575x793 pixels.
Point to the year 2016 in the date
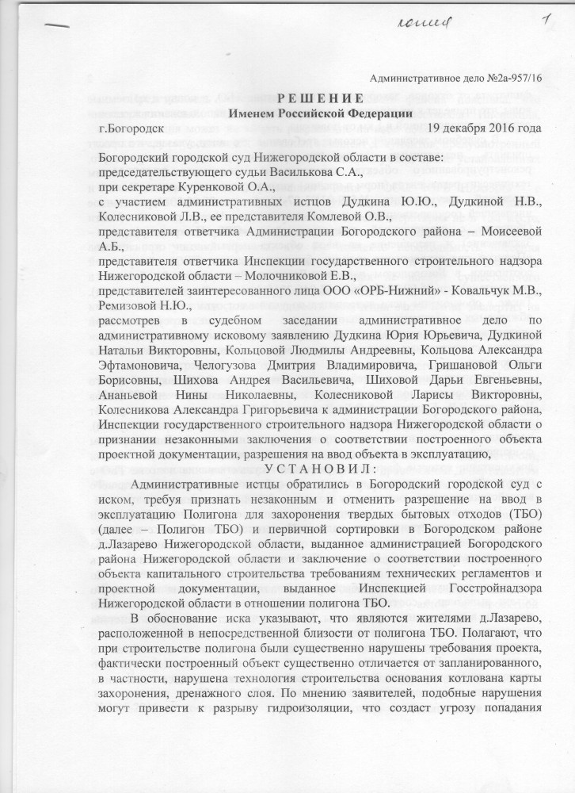point(501,128)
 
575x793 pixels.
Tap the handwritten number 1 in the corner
point(546,17)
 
